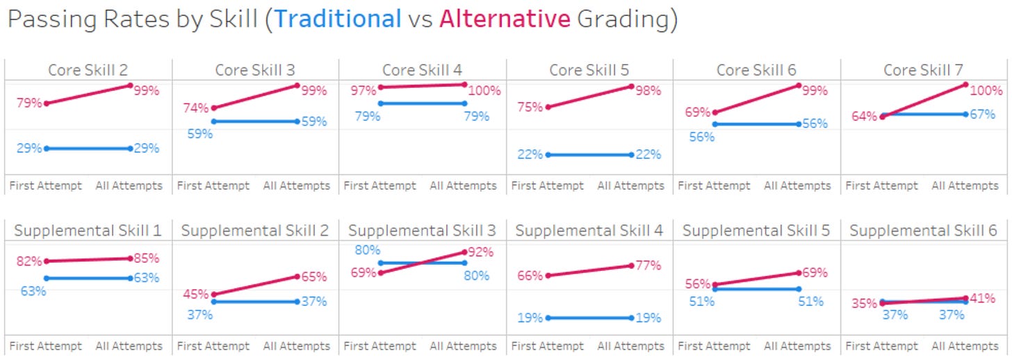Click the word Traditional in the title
point(338,19)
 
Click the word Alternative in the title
point(505,19)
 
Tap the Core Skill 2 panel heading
point(88,70)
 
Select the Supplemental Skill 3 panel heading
point(422,231)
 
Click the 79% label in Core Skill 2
point(28,104)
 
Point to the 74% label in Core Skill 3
point(195,108)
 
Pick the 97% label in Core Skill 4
point(362,90)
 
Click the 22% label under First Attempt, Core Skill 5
point(530,155)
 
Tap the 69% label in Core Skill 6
point(696,112)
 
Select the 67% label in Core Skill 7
point(982,114)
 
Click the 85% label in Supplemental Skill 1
point(146,258)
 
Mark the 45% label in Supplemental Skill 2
point(195,294)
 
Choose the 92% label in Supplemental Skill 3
point(480,252)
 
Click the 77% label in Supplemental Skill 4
point(647,265)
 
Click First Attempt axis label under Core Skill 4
point(379,186)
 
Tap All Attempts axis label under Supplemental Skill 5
point(797,346)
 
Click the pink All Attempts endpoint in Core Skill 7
point(966,85)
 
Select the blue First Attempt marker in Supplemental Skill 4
point(547,318)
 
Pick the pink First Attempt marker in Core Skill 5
point(547,107)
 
